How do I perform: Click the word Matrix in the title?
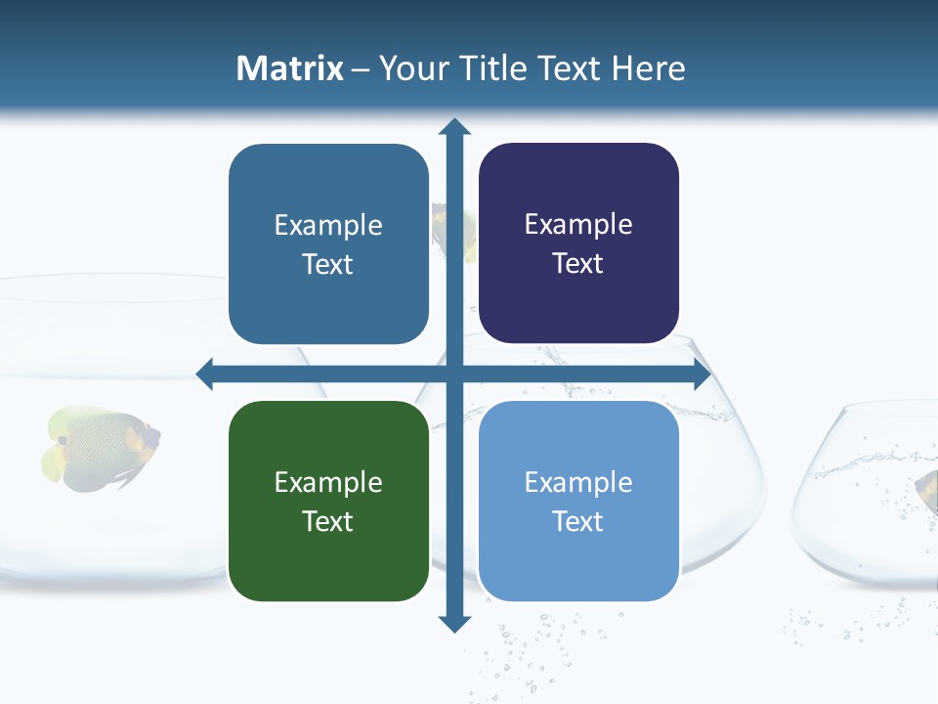(289, 68)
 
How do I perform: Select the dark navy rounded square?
(578, 243)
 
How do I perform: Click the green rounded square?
(328, 501)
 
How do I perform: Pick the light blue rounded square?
(578, 501)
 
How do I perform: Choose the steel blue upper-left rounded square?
(328, 243)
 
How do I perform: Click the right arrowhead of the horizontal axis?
(701, 374)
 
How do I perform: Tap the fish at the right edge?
(926, 488)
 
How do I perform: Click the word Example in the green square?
(328, 482)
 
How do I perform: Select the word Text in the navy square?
(578, 264)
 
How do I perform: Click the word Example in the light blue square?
(578, 482)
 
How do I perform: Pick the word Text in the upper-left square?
(328, 265)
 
